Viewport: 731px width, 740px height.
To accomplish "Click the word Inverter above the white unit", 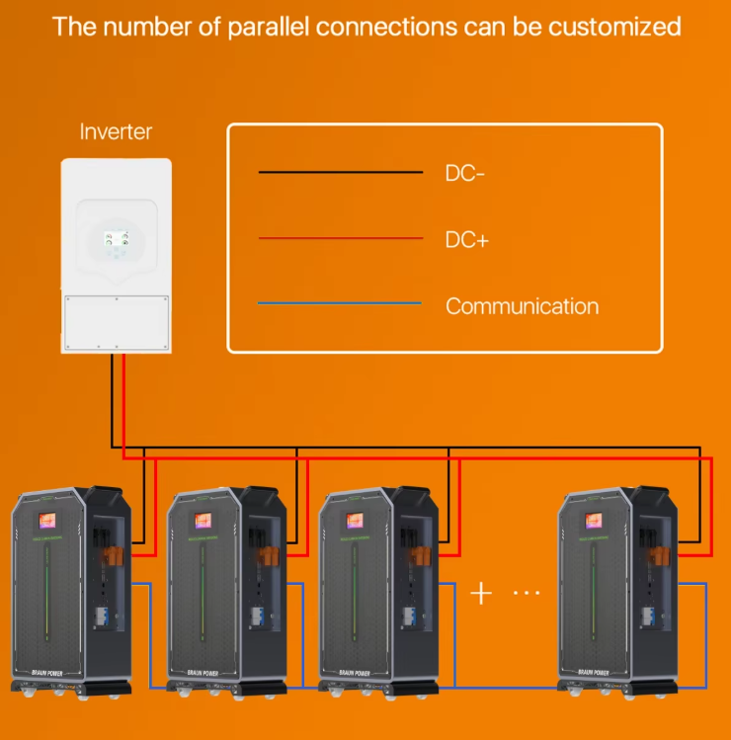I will click(x=116, y=131).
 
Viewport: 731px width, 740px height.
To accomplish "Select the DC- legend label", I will click(x=465, y=173).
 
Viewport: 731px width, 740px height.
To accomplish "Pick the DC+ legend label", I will click(x=466, y=239).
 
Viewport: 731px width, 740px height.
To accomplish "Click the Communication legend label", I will click(x=522, y=306).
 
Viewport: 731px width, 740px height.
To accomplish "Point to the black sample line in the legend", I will click(x=340, y=173).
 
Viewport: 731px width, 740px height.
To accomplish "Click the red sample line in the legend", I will click(x=340, y=238).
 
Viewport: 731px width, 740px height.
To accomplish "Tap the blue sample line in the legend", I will click(x=340, y=304).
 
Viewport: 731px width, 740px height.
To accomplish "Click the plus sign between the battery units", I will click(x=481, y=593).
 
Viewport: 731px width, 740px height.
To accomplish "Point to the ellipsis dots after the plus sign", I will click(x=527, y=593).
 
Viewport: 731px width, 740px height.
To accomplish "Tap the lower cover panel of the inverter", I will click(x=116, y=322).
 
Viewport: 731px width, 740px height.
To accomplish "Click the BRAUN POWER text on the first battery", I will click(x=44, y=672).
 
